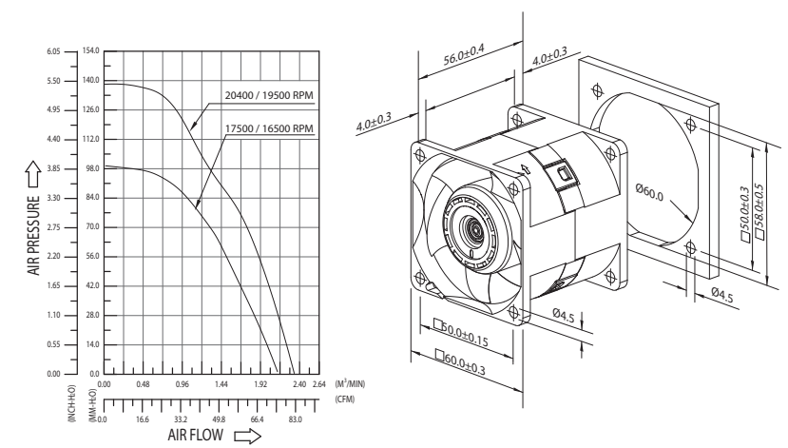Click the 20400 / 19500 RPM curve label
(x=269, y=95)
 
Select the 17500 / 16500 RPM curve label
(x=269, y=128)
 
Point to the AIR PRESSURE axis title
(x=33, y=235)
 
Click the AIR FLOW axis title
(x=196, y=435)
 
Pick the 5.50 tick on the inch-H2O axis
(x=53, y=81)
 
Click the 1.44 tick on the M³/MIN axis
(x=221, y=384)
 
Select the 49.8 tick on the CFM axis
(x=219, y=419)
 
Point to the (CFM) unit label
(x=345, y=399)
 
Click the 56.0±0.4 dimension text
(x=464, y=54)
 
